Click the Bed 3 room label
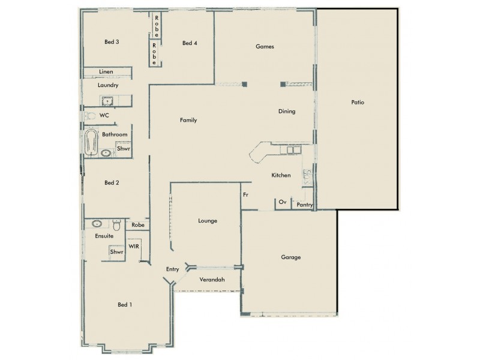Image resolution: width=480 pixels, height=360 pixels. pos(112,42)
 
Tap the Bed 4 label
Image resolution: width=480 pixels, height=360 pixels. pos(190,43)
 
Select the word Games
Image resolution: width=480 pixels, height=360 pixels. pos(265,46)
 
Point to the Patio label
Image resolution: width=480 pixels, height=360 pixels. pos(358,102)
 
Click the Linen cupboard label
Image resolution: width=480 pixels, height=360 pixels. pos(106,72)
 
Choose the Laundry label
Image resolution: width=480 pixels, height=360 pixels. pos(108,85)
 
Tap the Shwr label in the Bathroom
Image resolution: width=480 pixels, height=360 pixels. pos(123,148)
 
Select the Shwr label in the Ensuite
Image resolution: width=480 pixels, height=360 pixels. pos(116,253)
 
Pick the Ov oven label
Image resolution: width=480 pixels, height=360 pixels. pos(282,203)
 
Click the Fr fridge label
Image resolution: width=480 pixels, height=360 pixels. pos(245,194)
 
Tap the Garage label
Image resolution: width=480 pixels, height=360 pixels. pos(290,257)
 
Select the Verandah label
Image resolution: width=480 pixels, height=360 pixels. pos(212,280)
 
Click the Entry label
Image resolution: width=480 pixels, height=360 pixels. pos(172,269)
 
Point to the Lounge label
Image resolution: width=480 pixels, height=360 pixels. pos(207,221)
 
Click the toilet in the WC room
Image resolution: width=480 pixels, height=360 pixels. pos(89,115)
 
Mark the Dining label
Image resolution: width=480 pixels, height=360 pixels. pos(286,112)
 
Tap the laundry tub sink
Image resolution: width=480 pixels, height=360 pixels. pos(109,101)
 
